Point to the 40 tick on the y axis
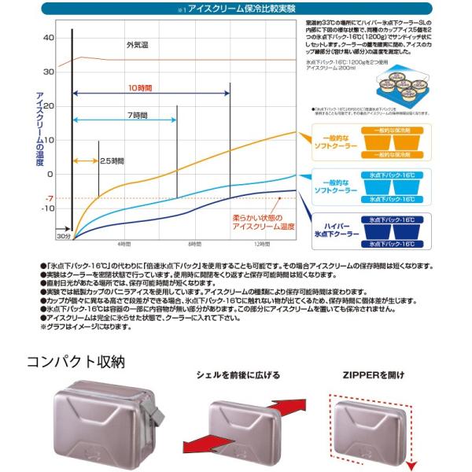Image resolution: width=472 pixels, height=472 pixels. point(49,38)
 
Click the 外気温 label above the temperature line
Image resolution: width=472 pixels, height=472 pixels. point(136,46)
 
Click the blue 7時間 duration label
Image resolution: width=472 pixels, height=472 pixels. point(136,116)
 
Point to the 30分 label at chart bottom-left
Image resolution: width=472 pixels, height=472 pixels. point(64,237)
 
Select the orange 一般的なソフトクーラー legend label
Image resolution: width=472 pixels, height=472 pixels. point(336,141)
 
